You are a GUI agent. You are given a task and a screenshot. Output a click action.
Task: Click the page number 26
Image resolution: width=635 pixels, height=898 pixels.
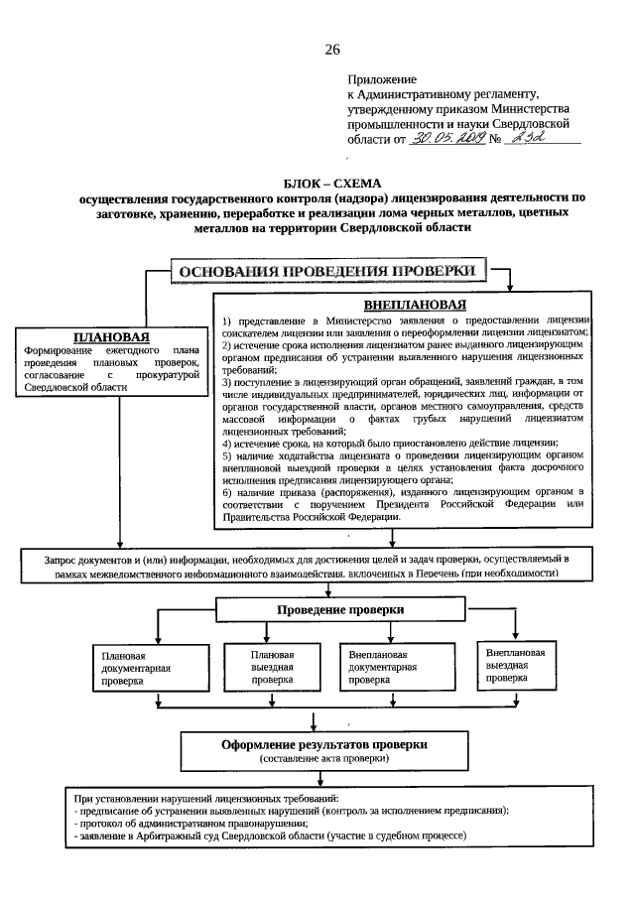tap(331, 50)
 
